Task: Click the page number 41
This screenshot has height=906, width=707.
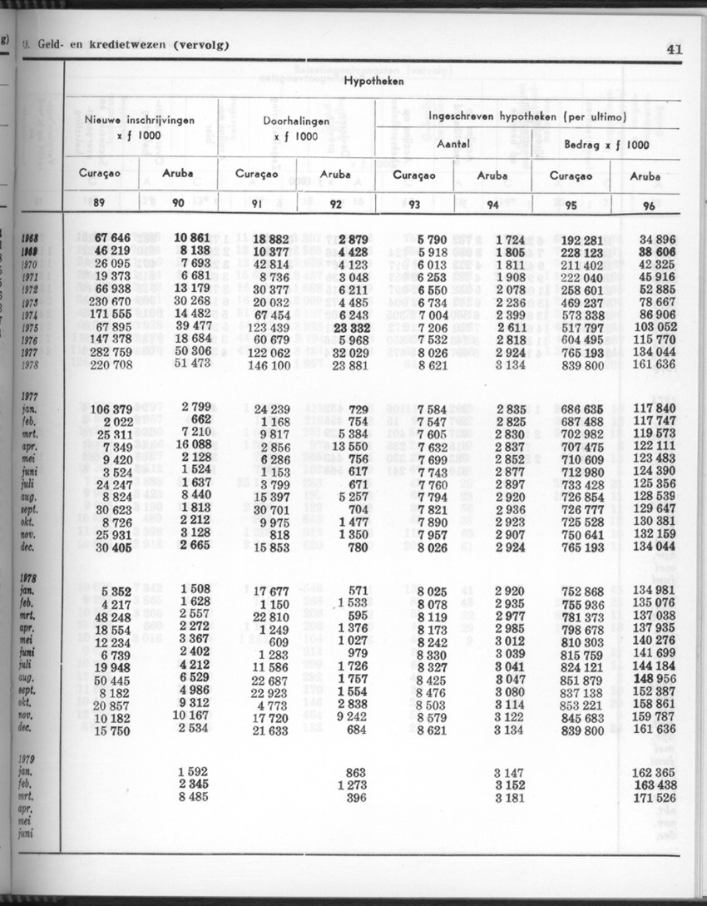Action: [x=674, y=48]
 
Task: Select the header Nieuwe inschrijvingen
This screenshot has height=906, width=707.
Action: [x=140, y=120]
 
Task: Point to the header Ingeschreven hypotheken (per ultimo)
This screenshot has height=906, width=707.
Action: [x=527, y=117]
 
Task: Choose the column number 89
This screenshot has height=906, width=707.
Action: [x=99, y=203]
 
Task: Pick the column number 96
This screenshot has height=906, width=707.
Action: [x=649, y=205]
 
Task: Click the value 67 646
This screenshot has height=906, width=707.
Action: [x=112, y=239]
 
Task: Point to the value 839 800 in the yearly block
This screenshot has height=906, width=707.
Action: [x=582, y=365]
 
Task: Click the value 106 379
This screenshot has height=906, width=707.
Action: [x=110, y=408]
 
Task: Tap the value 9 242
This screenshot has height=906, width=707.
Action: [x=351, y=717]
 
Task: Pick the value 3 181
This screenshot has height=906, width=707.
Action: [x=509, y=799]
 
